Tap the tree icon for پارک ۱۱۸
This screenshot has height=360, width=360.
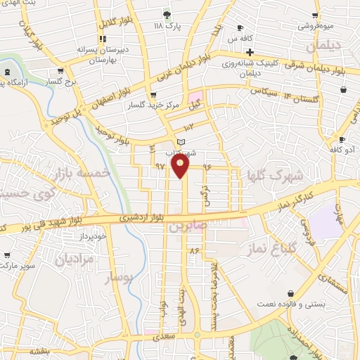tap(167, 14)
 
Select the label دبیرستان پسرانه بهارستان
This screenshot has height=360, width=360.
tap(94, 56)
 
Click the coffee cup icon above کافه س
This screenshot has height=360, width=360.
tap(240, 28)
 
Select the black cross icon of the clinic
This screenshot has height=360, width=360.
tap(250, 51)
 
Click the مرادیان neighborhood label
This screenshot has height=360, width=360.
tap(74, 259)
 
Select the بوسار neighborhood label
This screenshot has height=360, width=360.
tap(117, 278)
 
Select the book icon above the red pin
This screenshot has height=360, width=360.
tap(181, 143)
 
